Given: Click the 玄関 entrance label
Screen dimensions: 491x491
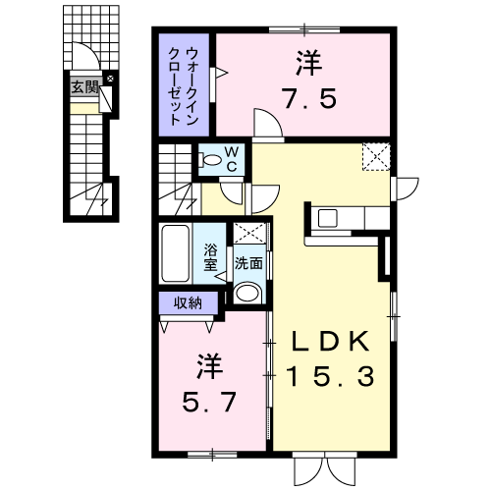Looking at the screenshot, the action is click(84, 87).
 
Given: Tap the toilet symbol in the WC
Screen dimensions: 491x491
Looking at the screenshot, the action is click(212, 160).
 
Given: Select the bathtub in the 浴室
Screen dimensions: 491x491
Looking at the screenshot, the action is click(176, 253).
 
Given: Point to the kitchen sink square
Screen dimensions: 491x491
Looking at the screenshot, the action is click(328, 218).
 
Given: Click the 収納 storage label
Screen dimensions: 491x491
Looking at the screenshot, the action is click(188, 303).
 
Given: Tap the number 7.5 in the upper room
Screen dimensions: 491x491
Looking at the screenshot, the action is click(309, 98).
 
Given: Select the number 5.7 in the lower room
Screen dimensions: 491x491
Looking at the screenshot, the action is click(209, 403).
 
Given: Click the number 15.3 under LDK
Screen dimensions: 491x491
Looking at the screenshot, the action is click(331, 376).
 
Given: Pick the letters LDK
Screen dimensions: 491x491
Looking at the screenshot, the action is click(331, 341).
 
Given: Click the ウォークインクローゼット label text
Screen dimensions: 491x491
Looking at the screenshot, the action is click(184, 86).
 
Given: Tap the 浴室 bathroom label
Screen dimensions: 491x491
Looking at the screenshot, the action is click(210, 257).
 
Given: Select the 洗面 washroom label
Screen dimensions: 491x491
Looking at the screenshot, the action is click(248, 263).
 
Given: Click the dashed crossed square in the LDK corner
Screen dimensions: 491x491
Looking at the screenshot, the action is click(376, 156).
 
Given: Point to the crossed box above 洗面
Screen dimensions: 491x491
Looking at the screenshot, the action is click(249, 233).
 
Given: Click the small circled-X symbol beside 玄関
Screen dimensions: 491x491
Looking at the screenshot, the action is click(110, 79).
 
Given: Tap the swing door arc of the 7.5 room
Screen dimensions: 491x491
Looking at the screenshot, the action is click(273, 118).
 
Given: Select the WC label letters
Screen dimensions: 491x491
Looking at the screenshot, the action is click(232, 159).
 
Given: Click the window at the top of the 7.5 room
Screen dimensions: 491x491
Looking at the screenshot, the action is click(304, 30).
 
